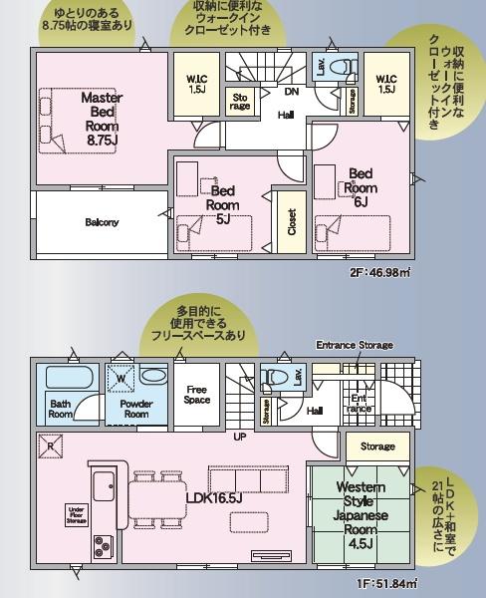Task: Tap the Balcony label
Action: click(102, 221)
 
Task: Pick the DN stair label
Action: click(291, 92)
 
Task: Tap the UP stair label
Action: click(240, 437)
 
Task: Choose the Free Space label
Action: click(197, 393)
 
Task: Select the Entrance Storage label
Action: click(355, 345)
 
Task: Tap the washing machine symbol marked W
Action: click(120, 378)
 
